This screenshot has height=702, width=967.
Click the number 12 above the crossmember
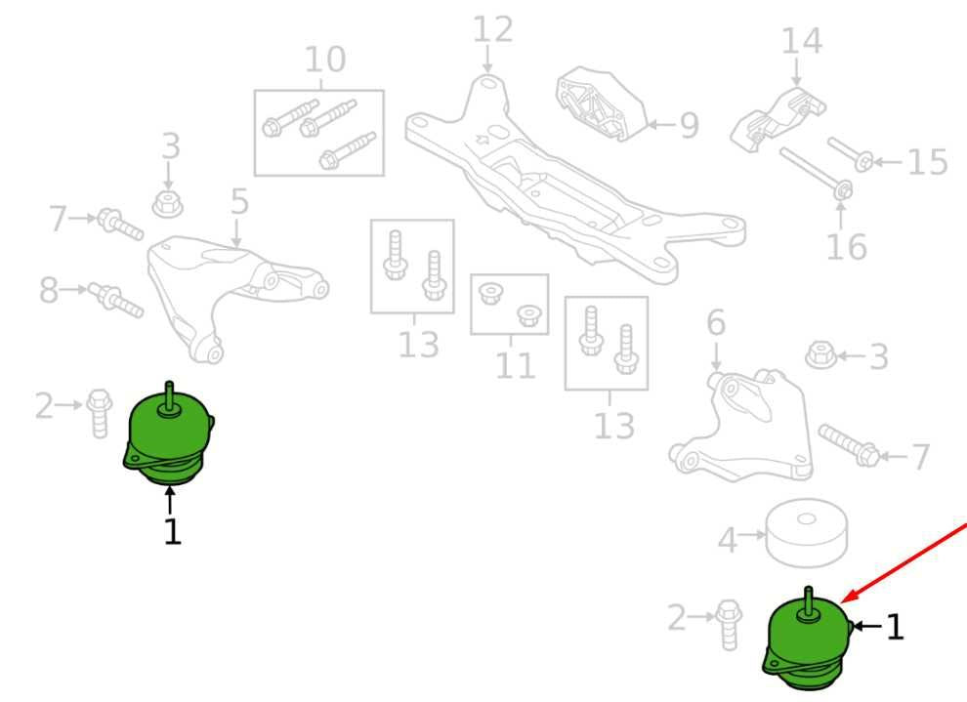click(x=492, y=29)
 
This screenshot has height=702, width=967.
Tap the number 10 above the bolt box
click(x=325, y=60)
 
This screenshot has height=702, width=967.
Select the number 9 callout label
click(x=689, y=125)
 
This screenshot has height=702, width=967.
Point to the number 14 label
click(x=801, y=41)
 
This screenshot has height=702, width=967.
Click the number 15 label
click(x=928, y=162)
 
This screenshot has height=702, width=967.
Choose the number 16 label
click(x=846, y=247)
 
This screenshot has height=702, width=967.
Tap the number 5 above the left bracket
click(x=239, y=201)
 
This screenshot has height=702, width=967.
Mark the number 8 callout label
click(x=49, y=290)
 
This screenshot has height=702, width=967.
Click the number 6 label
click(x=715, y=322)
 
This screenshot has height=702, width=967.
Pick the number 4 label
click(x=728, y=541)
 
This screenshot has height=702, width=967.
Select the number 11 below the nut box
click(x=515, y=365)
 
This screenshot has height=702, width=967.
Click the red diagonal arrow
click(x=904, y=562)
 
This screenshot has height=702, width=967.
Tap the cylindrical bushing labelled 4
click(x=806, y=532)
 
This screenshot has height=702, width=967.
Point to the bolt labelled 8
click(x=116, y=300)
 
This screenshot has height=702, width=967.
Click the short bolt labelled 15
click(x=851, y=154)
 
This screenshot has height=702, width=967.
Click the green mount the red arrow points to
click(x=808, y=641)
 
